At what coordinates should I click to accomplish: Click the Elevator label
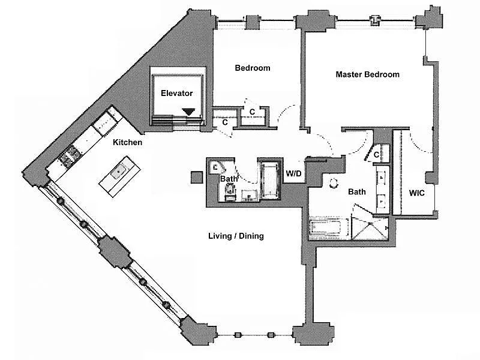[x=176, y=93]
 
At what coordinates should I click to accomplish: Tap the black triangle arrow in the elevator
[x=188, y=112]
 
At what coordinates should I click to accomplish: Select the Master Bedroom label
[x=367, y=74]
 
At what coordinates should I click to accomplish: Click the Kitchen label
[x=127, y=142]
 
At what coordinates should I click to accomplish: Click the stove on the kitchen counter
[x=69, y=155]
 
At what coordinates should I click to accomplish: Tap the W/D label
[x=293, y=174]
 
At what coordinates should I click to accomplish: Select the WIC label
[x=416, y=193]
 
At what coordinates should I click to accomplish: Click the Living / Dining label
[x=236, y=236]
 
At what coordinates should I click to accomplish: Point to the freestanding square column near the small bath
[x=197, y=177]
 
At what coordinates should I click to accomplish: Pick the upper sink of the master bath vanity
[x=382, y=177]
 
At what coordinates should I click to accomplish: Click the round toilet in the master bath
[x=333, y=184]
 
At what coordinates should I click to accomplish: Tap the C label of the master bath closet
[x=376, y=155]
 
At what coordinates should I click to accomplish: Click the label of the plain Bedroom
[x=253, y=68]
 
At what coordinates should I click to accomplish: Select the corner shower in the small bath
[x=217, y=167]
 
